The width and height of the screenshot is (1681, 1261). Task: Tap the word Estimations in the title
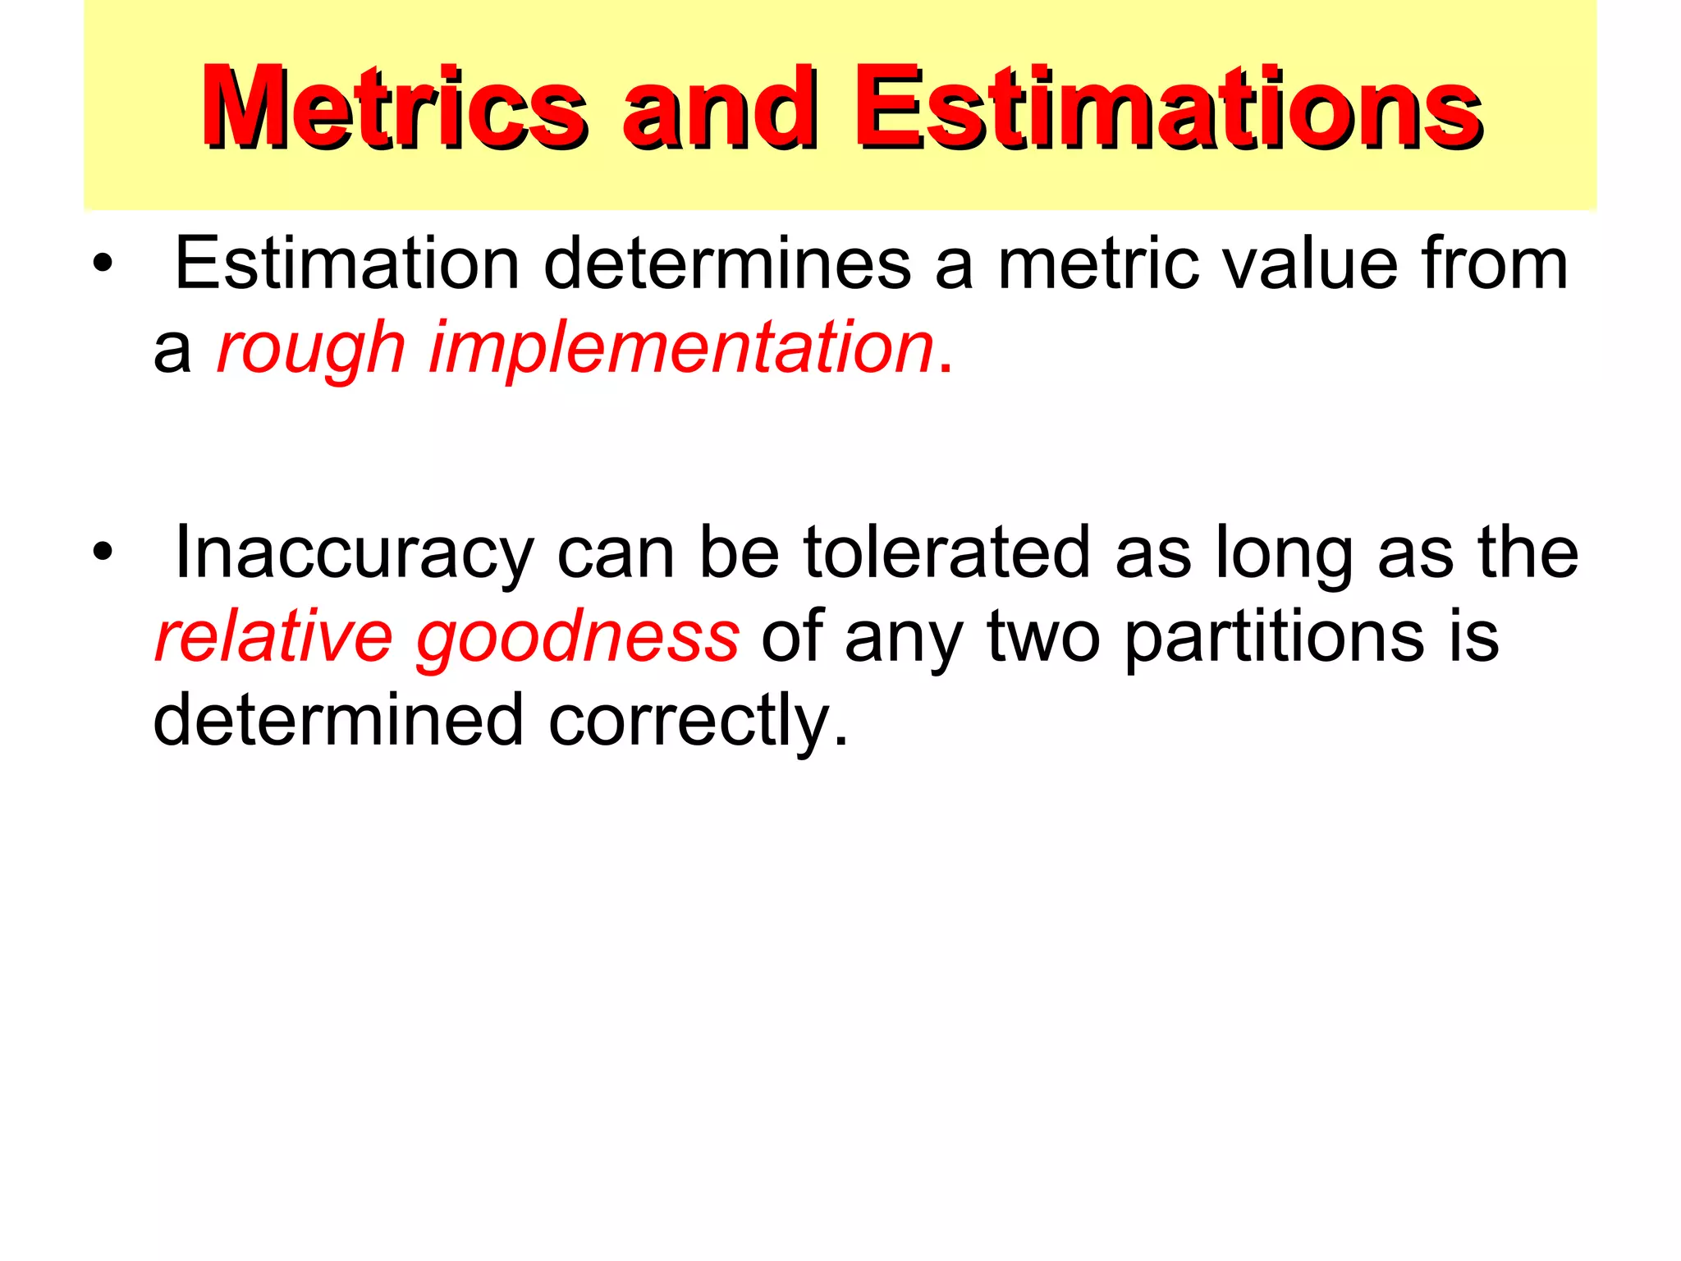click(1167, 108)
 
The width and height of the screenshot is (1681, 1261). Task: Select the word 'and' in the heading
click(719, 108)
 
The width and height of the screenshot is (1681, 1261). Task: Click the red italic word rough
click(311, 349)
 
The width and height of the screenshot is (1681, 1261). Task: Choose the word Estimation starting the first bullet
click(347, 264)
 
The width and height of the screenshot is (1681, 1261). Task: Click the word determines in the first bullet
click(727, 264)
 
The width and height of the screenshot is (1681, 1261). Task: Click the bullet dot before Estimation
click(102, 264)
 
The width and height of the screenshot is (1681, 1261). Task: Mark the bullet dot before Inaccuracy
click(102, 553)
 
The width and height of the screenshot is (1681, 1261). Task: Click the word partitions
click(1274, 638)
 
